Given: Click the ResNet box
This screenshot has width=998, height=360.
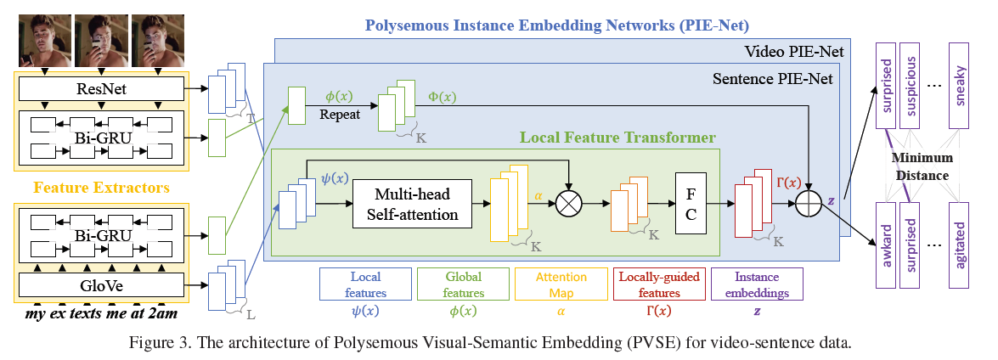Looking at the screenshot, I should pyautogui.click(x=101, y=87).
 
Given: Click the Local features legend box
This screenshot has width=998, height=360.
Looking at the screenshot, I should pyautogui.click(x=365, y=284).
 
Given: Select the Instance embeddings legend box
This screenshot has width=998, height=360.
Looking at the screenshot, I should pyautogui.click(x=757, y=284).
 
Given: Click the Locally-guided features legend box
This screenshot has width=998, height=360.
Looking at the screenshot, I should pyautogui.click(x=659, y=284).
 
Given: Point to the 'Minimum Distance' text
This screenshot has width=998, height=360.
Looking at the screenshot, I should pyautogui.click(x=922, y=167).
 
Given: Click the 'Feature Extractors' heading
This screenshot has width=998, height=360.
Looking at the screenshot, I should pyautogui.click(x=101, y=185).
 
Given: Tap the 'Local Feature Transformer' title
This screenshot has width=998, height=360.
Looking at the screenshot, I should pyautogui.click(x=617, y=137).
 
